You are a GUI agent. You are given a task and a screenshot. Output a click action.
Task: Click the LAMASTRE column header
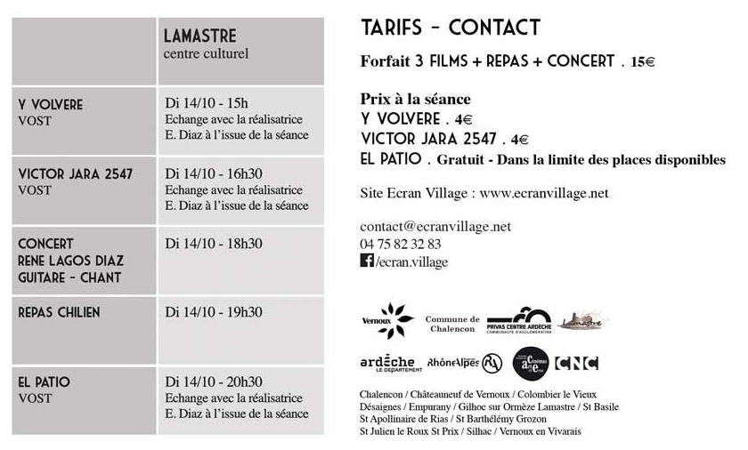tap(200, 36)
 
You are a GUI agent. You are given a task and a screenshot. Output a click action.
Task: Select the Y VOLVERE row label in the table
tap(51, 105)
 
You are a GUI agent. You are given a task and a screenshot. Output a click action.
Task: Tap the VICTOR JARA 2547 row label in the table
tap(76, 173)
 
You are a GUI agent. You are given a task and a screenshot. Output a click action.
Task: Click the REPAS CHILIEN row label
tap(60, 312)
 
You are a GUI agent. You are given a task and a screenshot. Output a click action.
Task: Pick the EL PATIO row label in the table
tap(45, 382)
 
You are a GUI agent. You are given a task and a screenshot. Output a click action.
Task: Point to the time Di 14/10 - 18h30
tap(214, 243)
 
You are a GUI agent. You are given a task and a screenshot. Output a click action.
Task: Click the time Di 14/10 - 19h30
tap(214, 312)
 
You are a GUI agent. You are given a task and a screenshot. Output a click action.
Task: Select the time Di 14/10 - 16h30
tap(214, 173)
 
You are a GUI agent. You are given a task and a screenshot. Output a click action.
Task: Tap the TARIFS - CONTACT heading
tap(451, 28)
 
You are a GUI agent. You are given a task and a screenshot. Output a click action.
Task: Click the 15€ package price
tap(642, 62)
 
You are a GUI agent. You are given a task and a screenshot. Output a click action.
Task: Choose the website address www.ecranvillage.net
tap(543, 192)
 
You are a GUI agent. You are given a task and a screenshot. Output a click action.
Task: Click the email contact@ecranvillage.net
tap(435, 226)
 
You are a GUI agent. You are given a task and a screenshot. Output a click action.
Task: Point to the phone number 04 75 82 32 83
tap(401, 244)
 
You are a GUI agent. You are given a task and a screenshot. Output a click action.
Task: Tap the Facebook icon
tap(366, 261)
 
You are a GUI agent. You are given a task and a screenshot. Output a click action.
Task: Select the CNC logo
tap(576, 363)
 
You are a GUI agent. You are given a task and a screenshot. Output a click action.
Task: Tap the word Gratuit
tap(463, 160)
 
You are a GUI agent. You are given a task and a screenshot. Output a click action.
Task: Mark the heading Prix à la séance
tap(415, 99)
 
